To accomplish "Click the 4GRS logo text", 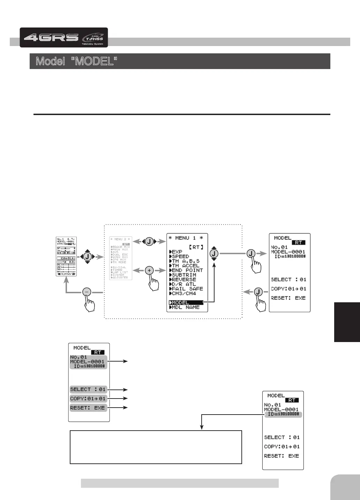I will coord(51,37).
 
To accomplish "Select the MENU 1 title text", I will coord(187,238).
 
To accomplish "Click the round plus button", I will coord(149,270).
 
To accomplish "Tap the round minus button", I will coord(87,292).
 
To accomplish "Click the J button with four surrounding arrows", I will coord(87,257).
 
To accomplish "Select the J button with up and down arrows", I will coord(214,254).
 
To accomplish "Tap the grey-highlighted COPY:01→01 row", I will coord(88,399).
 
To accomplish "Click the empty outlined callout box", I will coord(156,447).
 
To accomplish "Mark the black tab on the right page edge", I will coord(347,322).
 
